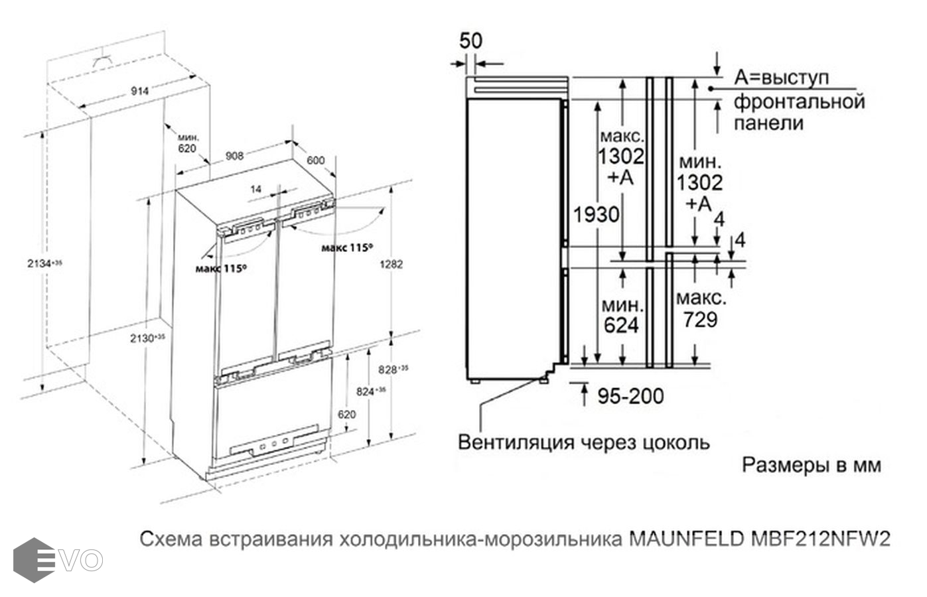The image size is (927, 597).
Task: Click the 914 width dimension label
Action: [139, 91]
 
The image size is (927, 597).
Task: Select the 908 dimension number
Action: [234, 155]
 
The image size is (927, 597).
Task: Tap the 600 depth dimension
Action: [315, 160]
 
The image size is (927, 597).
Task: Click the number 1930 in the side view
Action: [596, 214]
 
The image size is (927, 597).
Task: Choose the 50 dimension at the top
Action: [471, 40]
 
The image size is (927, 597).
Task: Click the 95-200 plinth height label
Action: [630, 396]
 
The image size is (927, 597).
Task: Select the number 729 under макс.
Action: [701, 320]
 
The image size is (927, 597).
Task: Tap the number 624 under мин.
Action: [621, 326]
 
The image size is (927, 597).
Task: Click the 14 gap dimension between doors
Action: [256, 189]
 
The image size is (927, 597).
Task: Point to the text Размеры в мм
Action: [812, 465]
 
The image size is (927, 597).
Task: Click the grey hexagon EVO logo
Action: [35, 560]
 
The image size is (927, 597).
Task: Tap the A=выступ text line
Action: [782, 78]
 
